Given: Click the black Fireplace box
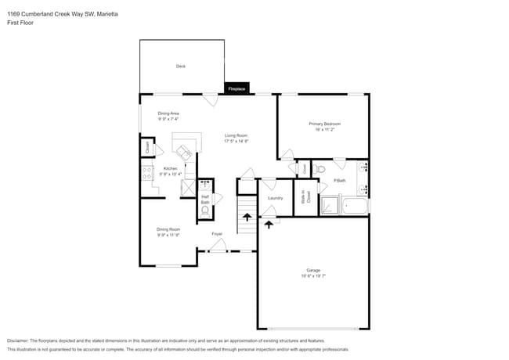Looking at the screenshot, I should (236, 89).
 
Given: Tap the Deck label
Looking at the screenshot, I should (181, 67).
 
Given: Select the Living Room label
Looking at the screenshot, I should (236, 136).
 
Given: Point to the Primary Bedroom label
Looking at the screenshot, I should (324, 124).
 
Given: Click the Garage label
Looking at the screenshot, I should (313, 271).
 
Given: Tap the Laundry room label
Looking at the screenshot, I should (275, 198).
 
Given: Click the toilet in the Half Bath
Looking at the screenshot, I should (205, 210).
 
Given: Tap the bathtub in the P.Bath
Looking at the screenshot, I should (355, 207).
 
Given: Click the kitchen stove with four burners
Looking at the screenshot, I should (146, 174).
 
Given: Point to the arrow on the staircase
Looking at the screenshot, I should (247, 218).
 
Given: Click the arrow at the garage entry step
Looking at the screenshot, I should (269, 224).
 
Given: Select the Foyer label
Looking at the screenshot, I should (217, 233).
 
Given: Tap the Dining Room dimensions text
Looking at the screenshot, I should (168, 235).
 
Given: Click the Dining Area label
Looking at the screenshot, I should (168, 114).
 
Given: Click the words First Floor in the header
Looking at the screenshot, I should (21, 23).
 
